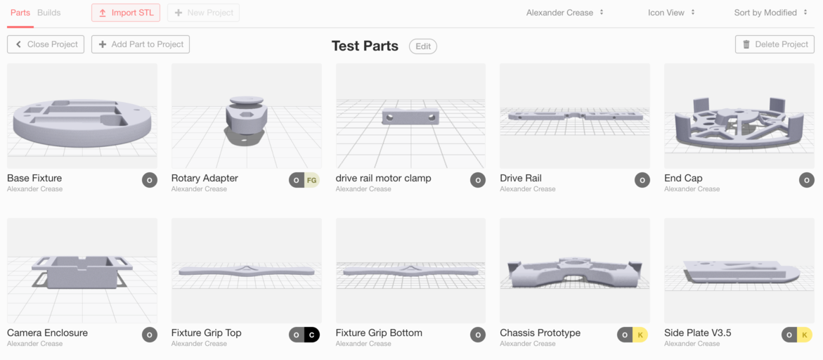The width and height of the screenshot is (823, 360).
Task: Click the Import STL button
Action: click(x=126, y=13)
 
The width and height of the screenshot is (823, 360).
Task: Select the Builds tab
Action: click(x=49, y=13)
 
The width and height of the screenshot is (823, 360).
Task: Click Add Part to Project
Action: click(x=141, y=44)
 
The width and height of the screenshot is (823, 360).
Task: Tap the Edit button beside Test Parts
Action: click(x=423, y=46)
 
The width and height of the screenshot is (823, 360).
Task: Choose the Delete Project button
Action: click(x=775, y=44)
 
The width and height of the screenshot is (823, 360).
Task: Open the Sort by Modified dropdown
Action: click(x=770, y=13)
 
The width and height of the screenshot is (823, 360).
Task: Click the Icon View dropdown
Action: click(x=671, y=13)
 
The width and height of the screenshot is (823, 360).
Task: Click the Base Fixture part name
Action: click(x=34, y=179)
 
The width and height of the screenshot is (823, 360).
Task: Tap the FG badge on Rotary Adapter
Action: click(x=311, y=181)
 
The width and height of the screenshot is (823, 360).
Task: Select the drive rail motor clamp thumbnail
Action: click(x=410, y=116)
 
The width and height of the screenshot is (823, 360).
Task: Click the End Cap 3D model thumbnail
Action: click(x=739, y=116)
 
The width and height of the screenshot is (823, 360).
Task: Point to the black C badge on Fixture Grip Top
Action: click(x=312, y=335)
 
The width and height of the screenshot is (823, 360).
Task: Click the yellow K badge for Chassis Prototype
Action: click(x=640, y=335)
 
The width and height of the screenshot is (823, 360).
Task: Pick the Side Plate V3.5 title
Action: click(x=698, y=333)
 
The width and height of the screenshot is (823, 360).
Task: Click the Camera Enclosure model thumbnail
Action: click(x=82, y=271)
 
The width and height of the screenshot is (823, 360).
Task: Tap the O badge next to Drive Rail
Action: click(x=642, y=181)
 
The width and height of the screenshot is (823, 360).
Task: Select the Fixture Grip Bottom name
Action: click(x=379, y=333)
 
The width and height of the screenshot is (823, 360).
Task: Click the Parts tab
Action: click(x=20, y=13)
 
